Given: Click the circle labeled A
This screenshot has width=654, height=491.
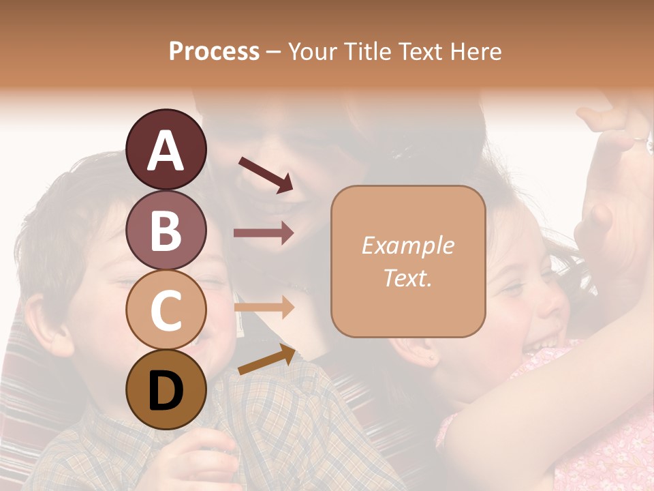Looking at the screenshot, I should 166,150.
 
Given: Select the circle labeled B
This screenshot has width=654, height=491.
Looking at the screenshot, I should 166,230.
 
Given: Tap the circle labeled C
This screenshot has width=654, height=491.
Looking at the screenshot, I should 166,310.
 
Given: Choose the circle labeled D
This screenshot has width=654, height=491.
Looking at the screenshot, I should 166,390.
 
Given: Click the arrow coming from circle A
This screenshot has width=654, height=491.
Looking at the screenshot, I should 266,174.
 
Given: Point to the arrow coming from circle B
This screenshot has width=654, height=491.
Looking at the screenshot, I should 264,233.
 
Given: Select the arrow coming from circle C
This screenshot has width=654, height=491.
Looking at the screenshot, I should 264,308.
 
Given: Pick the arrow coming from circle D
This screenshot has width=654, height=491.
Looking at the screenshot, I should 267,360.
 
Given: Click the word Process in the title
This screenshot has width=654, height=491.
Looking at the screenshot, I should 214,51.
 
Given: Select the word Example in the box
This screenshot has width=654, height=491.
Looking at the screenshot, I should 407,245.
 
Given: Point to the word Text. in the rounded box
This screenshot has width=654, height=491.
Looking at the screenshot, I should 407,278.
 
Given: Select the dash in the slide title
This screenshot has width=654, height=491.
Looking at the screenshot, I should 274,52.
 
